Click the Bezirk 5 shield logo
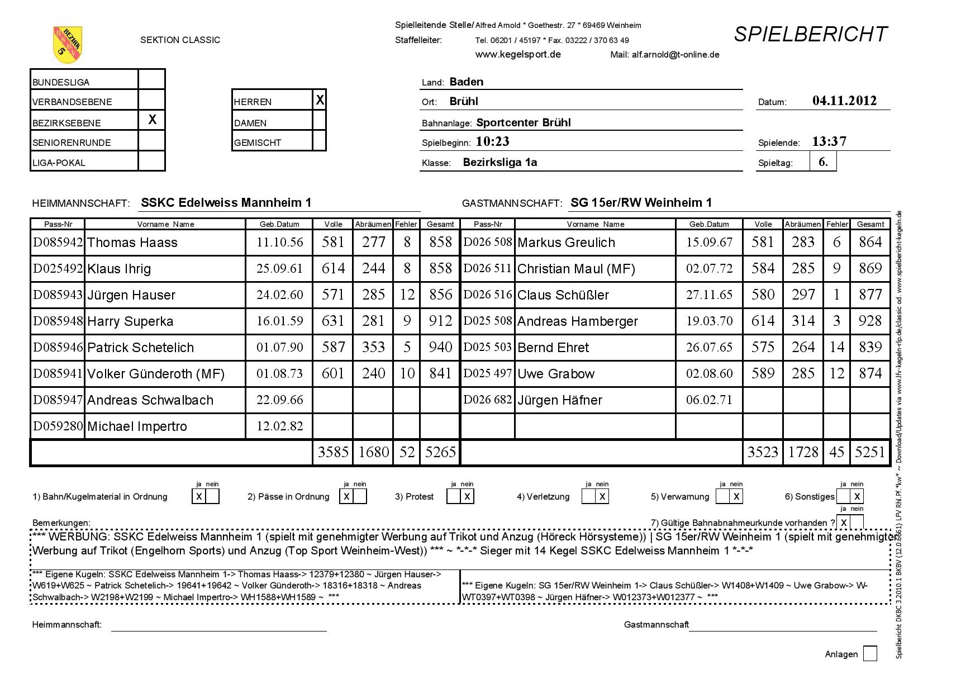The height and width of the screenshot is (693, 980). coord(68,44)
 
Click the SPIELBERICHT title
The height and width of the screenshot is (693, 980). coord(810,35)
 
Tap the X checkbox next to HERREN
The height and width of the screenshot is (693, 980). coord(320,101)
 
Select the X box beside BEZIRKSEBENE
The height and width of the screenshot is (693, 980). coord(152,120)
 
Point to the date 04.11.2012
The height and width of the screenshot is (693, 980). coord(844,101)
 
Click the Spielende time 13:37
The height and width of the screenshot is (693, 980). coord(829,142)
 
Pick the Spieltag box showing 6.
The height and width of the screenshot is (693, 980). coord(823,162)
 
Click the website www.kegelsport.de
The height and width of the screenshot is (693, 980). coord(518,55)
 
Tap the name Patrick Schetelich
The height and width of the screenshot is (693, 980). coord(140,348)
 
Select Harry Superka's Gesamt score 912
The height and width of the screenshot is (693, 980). coord(440,321)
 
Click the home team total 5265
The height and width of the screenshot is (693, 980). coord(440,452)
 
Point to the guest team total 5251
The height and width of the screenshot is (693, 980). coord(870,452)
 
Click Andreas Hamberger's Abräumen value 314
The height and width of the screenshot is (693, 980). coord(803,321)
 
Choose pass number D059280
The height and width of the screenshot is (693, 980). coord(58,426)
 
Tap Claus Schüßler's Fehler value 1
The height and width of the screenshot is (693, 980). coord(836,295)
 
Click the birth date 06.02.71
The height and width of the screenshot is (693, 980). coord(709,400)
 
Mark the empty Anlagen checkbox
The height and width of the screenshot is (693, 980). coord(870,653)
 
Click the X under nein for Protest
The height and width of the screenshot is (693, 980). coord(467,496)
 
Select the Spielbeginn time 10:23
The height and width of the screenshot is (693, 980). coord(493,142)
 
